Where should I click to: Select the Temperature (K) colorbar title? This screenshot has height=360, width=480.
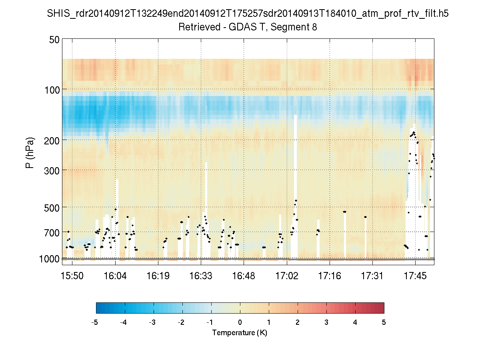tap(240, 333)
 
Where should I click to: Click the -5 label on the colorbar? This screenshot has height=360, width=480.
tap(95, 322)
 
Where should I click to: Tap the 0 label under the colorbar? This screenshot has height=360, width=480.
tap(240, 322)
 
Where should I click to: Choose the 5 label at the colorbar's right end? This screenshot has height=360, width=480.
tap(384, 322)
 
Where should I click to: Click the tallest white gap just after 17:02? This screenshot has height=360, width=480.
tap(295, 180)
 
